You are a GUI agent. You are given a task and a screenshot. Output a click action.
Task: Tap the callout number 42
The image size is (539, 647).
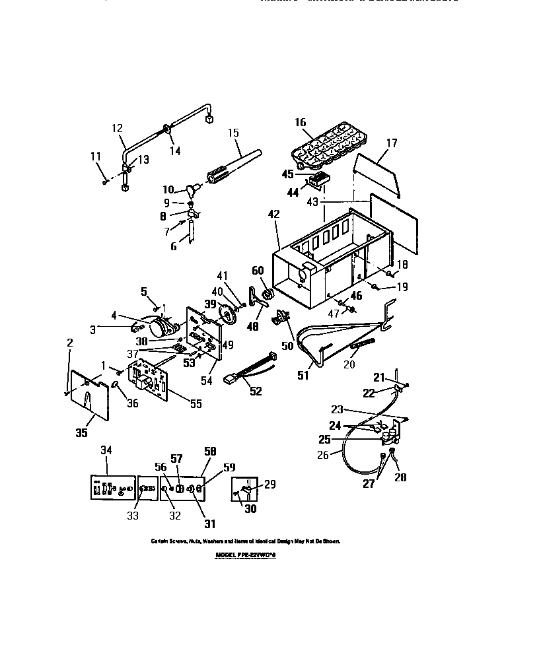click(273, 214)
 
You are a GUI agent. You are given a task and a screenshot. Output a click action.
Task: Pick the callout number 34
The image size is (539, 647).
click(106, 450)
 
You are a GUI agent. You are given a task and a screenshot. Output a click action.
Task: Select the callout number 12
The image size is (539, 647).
click(118, 128)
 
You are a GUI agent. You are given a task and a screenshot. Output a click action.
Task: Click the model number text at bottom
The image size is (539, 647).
click(244, 555)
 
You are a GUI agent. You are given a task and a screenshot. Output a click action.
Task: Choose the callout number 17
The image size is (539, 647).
click(392, 142)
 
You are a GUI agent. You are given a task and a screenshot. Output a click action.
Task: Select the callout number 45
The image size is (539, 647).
click(288, 174)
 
